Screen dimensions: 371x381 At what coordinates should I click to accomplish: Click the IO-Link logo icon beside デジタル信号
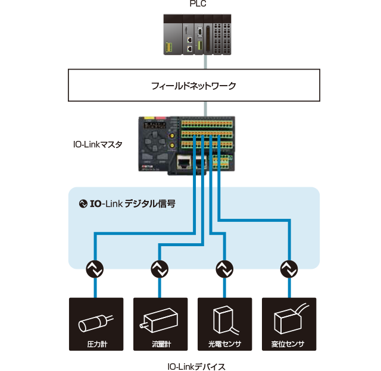[x=83, y=204]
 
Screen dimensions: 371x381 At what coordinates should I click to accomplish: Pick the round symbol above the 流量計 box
[x=159, y=269]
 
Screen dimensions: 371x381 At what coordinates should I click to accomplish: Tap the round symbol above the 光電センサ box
[x=224, y=269]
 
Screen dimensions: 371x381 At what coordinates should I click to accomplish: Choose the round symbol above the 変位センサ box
[x=288, y=269]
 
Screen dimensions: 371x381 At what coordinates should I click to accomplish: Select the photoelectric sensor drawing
[x=224, y=320]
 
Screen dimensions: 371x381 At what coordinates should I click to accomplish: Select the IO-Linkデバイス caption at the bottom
[x=197, y=366]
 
